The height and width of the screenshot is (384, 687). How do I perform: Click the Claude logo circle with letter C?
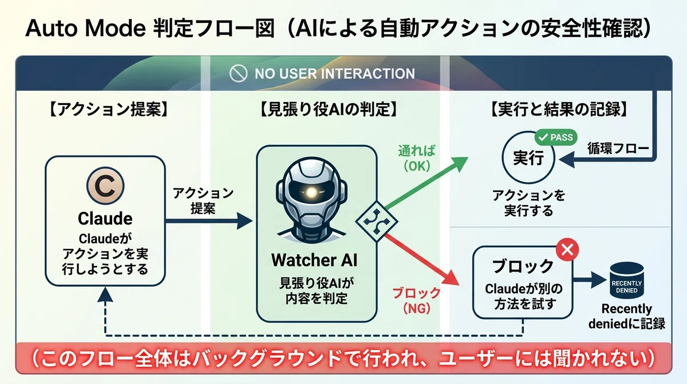point(105,186)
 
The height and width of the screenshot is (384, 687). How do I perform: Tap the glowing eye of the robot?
point(311,193)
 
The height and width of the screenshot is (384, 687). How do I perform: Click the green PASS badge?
point(556,137)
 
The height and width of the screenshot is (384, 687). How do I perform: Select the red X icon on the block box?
point(567,249)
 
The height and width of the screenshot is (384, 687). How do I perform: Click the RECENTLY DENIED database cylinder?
point(626,280)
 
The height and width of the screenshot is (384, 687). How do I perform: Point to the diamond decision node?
point(377,221)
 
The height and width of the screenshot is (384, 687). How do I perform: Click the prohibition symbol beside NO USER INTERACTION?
point(238,73)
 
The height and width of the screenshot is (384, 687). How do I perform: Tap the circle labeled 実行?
point(528,158)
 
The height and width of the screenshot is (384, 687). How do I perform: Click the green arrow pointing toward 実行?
point(427,183)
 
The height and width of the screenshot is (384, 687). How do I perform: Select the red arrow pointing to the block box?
point(422,260)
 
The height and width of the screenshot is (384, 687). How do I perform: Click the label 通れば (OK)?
point(417,158)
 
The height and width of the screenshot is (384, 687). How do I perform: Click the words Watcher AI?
point(314,260)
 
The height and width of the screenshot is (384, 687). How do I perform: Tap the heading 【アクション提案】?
point(109,109)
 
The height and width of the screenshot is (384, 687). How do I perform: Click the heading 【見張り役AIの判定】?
point(329,109)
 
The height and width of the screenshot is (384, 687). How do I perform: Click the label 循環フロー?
point(618,148)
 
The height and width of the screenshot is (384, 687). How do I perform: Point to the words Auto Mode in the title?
point(85,28)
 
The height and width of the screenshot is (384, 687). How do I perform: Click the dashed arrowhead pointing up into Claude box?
point(105,294)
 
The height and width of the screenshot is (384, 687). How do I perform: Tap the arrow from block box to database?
point(590,280)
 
